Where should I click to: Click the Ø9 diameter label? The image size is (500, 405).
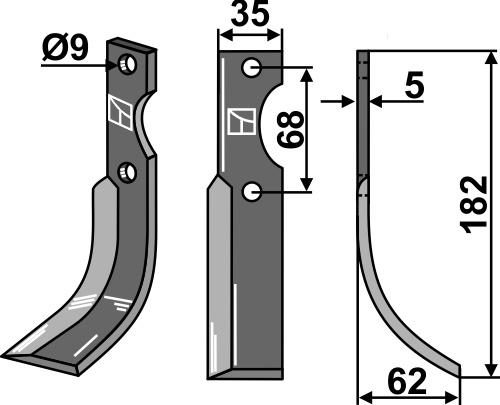[x=66, y=48]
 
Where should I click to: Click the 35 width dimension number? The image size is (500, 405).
[x=250, y=14]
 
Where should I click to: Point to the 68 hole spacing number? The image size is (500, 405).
[x=291, y=130]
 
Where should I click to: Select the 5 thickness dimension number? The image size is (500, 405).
[x=414, y=85]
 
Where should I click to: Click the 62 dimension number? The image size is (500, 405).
[x=407, y=381]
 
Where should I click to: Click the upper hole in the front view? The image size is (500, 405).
[x=251, y=68]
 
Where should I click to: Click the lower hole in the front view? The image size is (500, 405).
[x=251, y=192]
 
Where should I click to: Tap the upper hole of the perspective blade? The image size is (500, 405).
[x=127, y=64]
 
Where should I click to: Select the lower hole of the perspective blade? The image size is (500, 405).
[x=127, y=173]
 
